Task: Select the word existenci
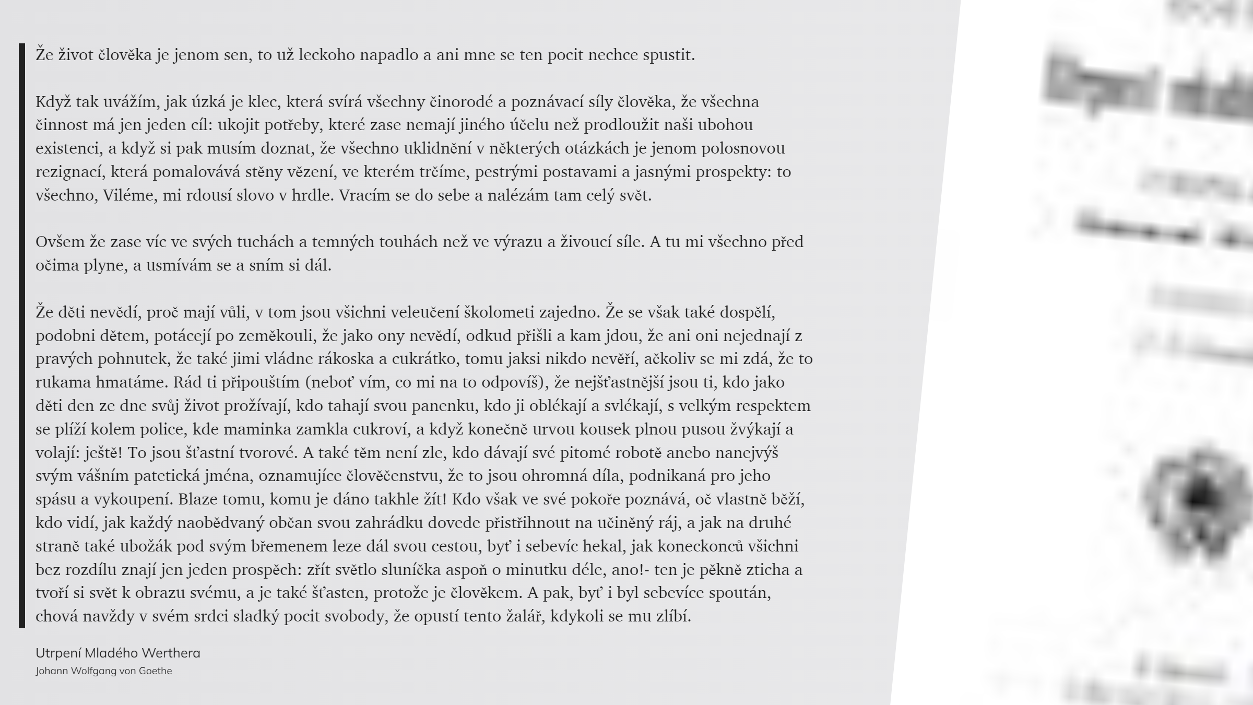68,149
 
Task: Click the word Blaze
197,499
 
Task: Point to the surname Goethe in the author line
155,671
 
